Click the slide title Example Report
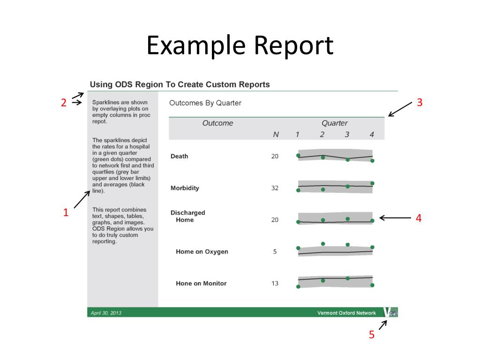(240, 46)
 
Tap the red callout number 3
(420, 102)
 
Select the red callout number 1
(66, 212)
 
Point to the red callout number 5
(371, 335)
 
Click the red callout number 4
(419, 218)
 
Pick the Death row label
(179, 156)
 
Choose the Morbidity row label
(185, 188)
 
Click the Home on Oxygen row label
(202, 252)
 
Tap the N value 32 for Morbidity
(275, 188)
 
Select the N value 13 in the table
(275, 283)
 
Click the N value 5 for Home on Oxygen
(275, 252)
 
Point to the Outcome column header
(217, 123)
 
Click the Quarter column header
(334, 123)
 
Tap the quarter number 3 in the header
(347, 135)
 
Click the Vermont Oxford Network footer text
(346, 313)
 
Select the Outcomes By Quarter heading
(205, 103)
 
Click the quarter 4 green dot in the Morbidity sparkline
(372, 183)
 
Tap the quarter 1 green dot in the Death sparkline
(298, 155)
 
